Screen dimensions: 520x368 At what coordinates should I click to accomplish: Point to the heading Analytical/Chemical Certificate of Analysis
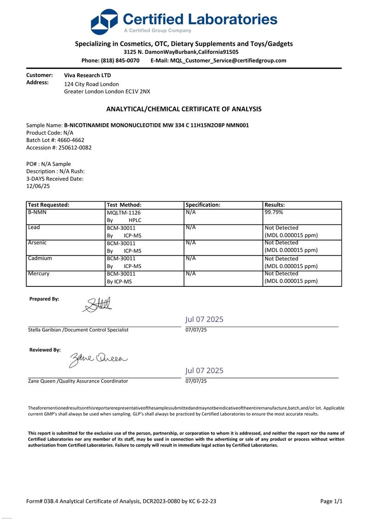tap(184, 109)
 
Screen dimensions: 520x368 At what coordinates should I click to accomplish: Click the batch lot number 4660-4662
tap(71, 140)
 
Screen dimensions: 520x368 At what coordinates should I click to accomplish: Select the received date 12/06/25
tap(38, 186)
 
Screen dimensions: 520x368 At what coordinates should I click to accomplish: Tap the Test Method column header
tap(124, 205)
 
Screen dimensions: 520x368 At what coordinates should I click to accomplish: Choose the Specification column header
tap(203, 205)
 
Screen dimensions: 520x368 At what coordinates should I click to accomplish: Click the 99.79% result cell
tap(274, 213)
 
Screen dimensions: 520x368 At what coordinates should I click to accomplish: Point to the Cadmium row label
tap(40, 258)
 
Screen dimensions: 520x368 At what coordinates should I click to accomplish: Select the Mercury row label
tap(39, 274)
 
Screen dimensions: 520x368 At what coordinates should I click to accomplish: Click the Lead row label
tap(34, 228)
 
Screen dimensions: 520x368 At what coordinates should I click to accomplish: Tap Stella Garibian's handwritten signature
tap(98, 305)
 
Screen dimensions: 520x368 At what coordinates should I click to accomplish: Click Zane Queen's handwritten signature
tap(98, 359)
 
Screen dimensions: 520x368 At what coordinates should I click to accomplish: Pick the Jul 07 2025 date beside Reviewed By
tap(205, 371)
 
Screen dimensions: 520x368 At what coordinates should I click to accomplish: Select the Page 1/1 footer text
tap(331, 502)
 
